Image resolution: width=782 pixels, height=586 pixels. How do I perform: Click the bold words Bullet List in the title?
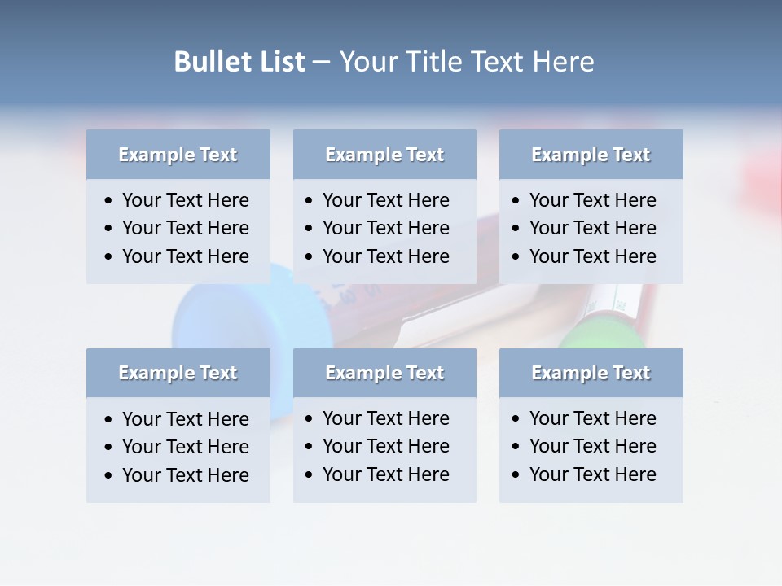coord(239,62)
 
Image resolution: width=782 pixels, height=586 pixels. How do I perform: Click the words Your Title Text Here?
coord(466,62)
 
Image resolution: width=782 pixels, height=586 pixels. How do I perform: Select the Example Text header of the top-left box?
coord(178,155)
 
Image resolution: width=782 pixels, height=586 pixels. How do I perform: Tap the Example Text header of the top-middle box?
coord(384,155)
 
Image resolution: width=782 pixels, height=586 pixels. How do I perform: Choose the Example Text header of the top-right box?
coord(591,155)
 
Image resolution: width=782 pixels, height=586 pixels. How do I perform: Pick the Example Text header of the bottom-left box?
coord(178,373)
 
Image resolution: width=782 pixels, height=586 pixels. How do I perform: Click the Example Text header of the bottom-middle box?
coord(384,373)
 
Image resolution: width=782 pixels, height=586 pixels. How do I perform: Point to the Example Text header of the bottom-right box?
coord(591,373)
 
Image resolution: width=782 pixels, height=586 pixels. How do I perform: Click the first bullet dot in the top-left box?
coord(109,201)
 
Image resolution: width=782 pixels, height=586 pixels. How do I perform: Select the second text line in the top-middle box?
coord(385,228)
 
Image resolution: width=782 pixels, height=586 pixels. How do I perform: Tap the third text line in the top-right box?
coord(592,256)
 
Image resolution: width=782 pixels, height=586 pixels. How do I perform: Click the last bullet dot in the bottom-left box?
coord(109,476)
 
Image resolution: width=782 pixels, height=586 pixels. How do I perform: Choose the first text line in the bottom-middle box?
coord(385,418)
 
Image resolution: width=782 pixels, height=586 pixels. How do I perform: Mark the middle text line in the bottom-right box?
coord(592,446)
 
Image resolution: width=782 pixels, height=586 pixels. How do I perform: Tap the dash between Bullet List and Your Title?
coord(321,62)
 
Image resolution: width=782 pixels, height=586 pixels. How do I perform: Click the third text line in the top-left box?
coord(185,256)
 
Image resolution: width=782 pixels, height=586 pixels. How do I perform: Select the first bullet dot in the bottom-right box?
coord(516,419)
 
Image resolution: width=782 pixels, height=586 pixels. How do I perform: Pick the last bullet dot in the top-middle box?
coord(310,257)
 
